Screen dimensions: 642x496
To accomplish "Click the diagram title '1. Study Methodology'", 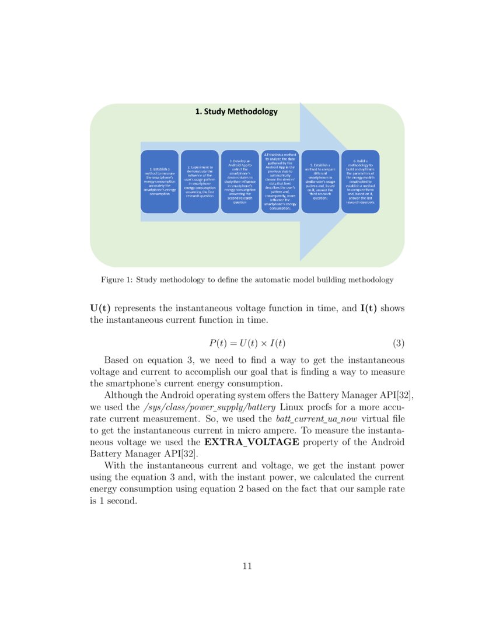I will pyautogui.click(x=236, y=111).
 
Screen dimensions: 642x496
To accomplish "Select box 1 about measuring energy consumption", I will pyautogui.click(x=159, y=182).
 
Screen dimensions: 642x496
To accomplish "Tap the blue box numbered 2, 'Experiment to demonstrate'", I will pyautogui.click(x=199, y=182).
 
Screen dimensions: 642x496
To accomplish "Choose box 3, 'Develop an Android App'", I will pyautogui.click(x=240, y=182).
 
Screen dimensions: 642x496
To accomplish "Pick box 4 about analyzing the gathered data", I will pyautogui.click(x=280, y=182).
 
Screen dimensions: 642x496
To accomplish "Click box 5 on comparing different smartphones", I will pyautogui.click(x=320, y=182).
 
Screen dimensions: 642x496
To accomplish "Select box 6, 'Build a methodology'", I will pyautogui.click(x=360, y=182).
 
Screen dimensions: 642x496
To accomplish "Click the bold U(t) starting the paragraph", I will pyautogui.click(x=100, y=308).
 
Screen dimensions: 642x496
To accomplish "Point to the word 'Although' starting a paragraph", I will pyautogui.click(x=123, y=396).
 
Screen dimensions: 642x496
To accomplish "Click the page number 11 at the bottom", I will pyautogui.click(x=247, y=566).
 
